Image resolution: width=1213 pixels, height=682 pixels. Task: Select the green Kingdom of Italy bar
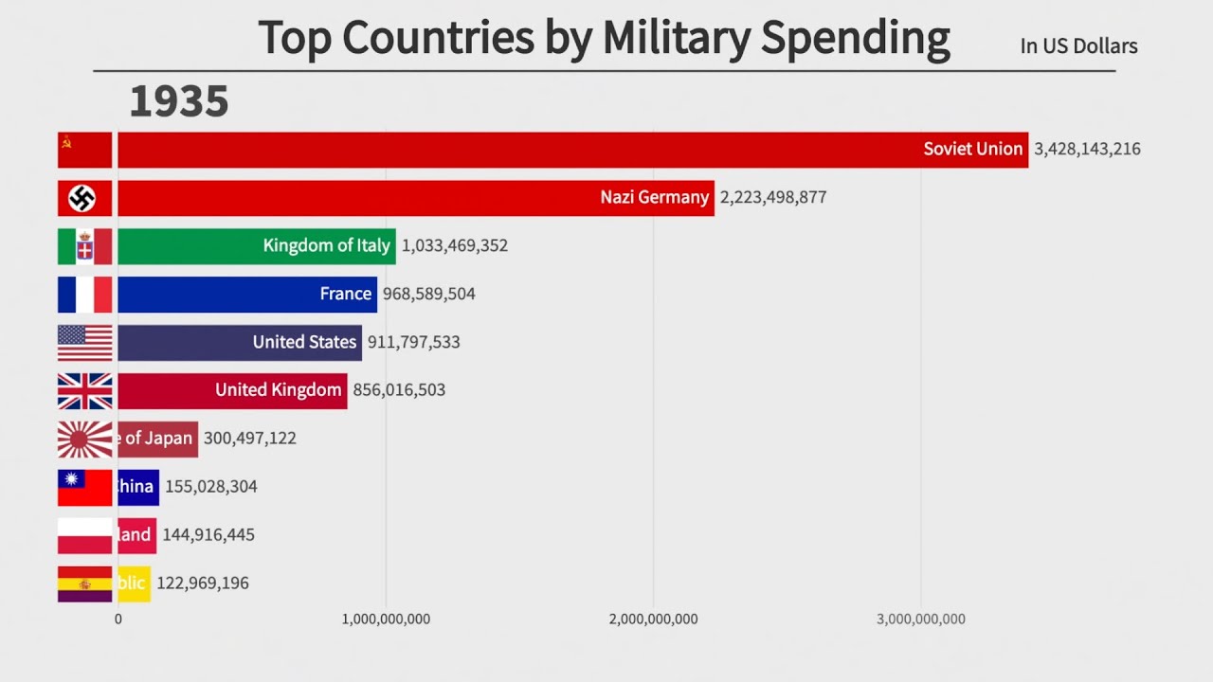pyautogui.click(x=256, y=246)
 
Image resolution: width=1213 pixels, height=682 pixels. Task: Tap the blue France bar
pyautogui.click(x=246, y=295)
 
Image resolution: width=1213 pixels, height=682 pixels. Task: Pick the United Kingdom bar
pyautogui.click(x=232, y=391)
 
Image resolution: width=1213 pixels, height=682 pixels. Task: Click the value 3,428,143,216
pyautogui.click(x=1087, y=149)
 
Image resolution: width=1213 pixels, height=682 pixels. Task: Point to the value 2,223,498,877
pyautogui.click(x=773, y=197)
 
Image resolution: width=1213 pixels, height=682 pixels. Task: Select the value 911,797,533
pyautogui.click(x=413, y=342)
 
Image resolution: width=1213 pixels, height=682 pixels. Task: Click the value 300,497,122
pyautogui.click(x=250, y=439)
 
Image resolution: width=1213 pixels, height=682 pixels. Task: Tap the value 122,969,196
pyautogui.click(x=203, y=583)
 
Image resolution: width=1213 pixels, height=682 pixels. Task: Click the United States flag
pyautogui.click(x=84, y=343)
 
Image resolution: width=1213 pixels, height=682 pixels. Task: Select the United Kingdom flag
pyautogui.click(x=84, y=391)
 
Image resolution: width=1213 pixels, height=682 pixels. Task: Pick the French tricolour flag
pyautogui.click(x=84, y=295)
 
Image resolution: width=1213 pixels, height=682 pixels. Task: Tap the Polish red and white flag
pyautogui.click(x=84, y=535)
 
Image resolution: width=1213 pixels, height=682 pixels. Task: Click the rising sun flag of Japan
pyautogui.click(x=84, y=440)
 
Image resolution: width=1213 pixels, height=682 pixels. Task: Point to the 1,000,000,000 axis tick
pyautogui.click(x=386, y=619)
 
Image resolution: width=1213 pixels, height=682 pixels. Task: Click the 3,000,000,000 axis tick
pyautogui.click(x=921, y=619)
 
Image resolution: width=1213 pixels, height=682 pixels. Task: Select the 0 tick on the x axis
pyautogui.click(x=118, y=619)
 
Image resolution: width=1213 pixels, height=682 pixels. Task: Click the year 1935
pyautogui.click(x=179, y=101)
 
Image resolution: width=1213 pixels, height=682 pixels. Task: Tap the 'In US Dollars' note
pyautogui.click(x=1078, y=46)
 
